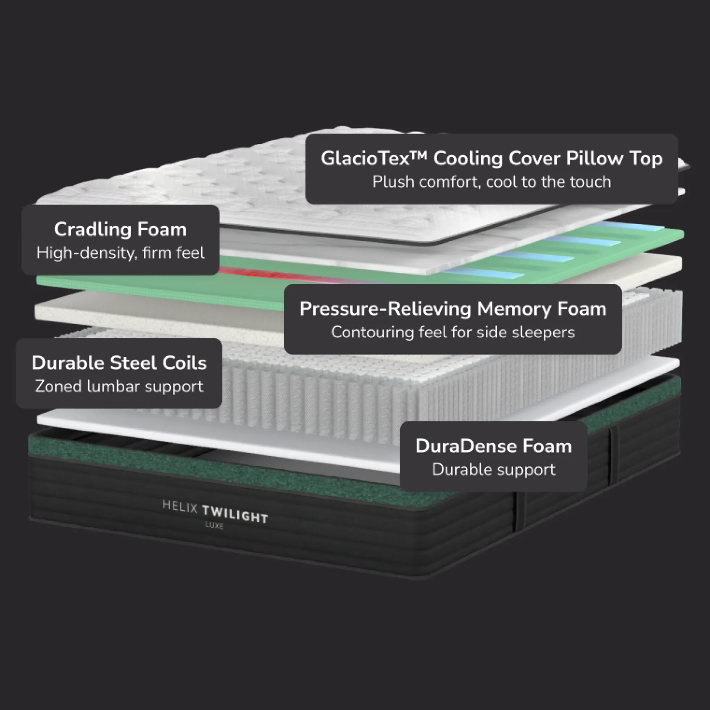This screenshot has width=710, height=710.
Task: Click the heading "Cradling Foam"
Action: (120, 229)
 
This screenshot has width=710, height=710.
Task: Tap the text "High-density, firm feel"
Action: (120, 253)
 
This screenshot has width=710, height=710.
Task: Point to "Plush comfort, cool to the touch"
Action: (491, 182)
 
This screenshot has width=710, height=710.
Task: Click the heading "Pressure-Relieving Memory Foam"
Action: (453, 308)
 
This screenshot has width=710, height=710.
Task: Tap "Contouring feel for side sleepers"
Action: (453, 332)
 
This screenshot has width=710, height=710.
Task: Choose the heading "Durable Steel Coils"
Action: (119, 363)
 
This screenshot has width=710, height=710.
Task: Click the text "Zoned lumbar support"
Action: (119, 386)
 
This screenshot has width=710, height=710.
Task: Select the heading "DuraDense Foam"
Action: (493, 446)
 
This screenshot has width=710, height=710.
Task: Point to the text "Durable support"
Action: (493, 470)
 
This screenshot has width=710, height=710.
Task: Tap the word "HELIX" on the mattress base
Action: (180, 507)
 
